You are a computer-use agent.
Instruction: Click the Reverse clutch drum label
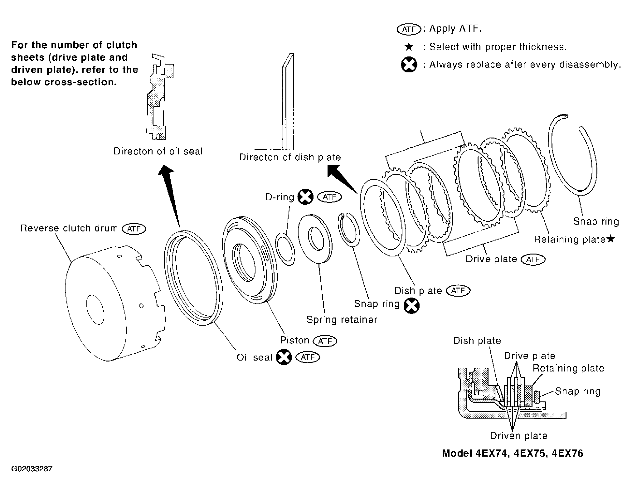tap(69, 228)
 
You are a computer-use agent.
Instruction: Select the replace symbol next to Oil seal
tap(284, 357)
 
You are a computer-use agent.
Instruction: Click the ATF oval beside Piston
tap(325, 341)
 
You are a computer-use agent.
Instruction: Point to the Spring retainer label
tap(342, 320)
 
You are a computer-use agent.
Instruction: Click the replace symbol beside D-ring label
tap(305, 197)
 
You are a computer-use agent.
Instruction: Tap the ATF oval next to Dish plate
tap(458, 291)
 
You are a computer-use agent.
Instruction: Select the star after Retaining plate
tap(610, 239)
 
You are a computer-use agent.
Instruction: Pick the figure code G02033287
tap(32, 469)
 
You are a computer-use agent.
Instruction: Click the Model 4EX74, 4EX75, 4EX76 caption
tap(513, 453)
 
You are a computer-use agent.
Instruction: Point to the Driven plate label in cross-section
tap(518, 436)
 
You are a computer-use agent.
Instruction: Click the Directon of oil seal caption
tap(158, 151)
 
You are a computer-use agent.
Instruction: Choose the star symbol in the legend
tap(409, 47)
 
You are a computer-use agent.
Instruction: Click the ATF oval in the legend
tap(409, 29)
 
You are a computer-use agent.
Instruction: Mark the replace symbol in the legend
tap(409, 65)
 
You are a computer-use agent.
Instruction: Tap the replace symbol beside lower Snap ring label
tap(411, 306)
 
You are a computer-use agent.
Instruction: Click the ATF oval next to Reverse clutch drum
tap(134, 229)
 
